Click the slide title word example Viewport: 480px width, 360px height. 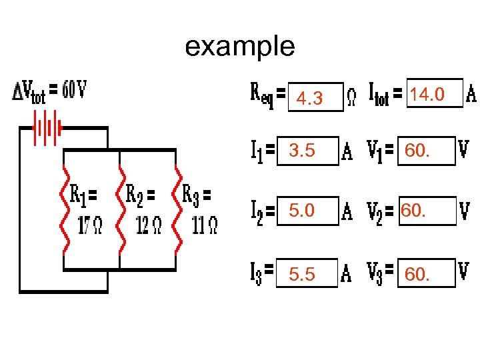(239, 47)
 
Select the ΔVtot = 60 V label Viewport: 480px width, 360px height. (49, 91)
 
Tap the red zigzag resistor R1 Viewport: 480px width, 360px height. (64, 210)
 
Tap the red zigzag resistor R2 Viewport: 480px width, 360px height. (120, 210)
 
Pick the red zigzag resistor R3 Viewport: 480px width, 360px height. (177, 210)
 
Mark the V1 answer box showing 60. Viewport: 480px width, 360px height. (425, 152)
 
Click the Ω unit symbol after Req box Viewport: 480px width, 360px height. (353, 97)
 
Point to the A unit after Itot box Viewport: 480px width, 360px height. (471, 95)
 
